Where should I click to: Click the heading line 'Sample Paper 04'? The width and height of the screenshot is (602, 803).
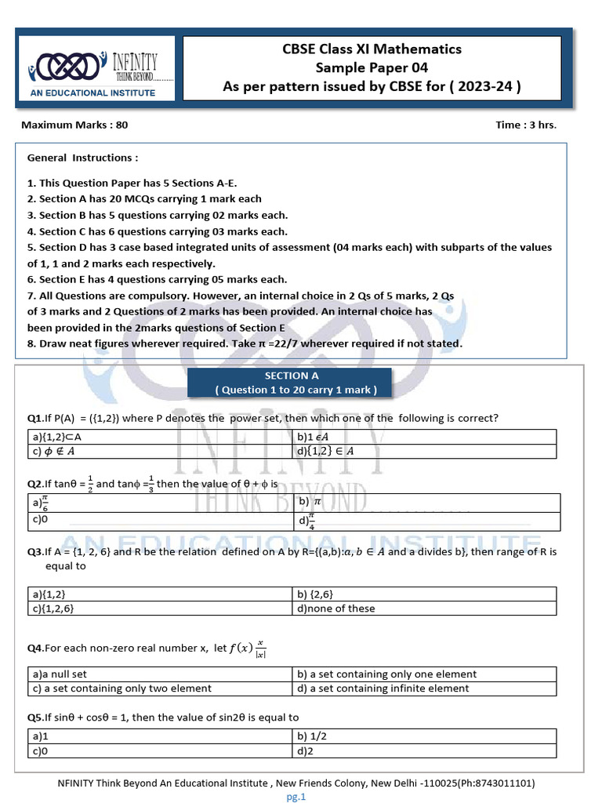(372, 68)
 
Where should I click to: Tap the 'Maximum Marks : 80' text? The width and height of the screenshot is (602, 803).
(74, 125)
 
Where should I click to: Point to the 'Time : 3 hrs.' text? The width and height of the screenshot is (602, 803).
(526, 125)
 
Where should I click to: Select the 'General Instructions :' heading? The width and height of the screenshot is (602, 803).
(82, 158)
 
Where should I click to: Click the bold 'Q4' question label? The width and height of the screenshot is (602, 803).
(34, 648)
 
